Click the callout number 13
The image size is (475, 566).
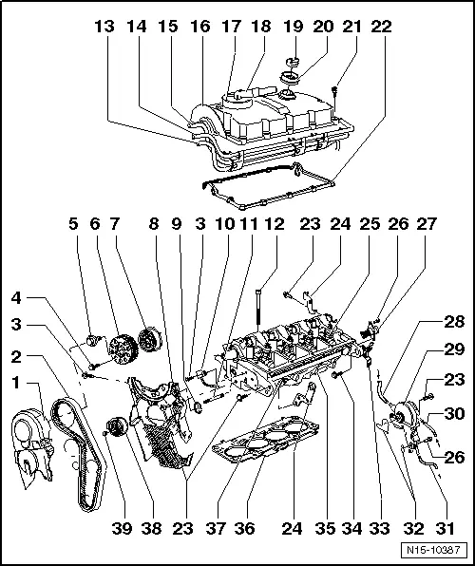(104, 27)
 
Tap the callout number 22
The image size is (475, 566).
(382, 27)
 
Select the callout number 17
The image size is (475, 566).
(231, 27)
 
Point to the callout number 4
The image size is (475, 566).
(16, 298)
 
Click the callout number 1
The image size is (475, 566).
(15, 383)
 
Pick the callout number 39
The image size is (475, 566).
(123, 528)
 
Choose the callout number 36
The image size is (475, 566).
(244, 528)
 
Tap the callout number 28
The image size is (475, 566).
(454, 322)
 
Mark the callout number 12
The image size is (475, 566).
(275, 224)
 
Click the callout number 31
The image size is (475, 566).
(445, 528)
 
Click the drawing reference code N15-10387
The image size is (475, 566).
(433, 550)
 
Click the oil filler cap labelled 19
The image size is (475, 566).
(294, 62)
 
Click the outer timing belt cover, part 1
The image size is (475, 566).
(32, 447)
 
